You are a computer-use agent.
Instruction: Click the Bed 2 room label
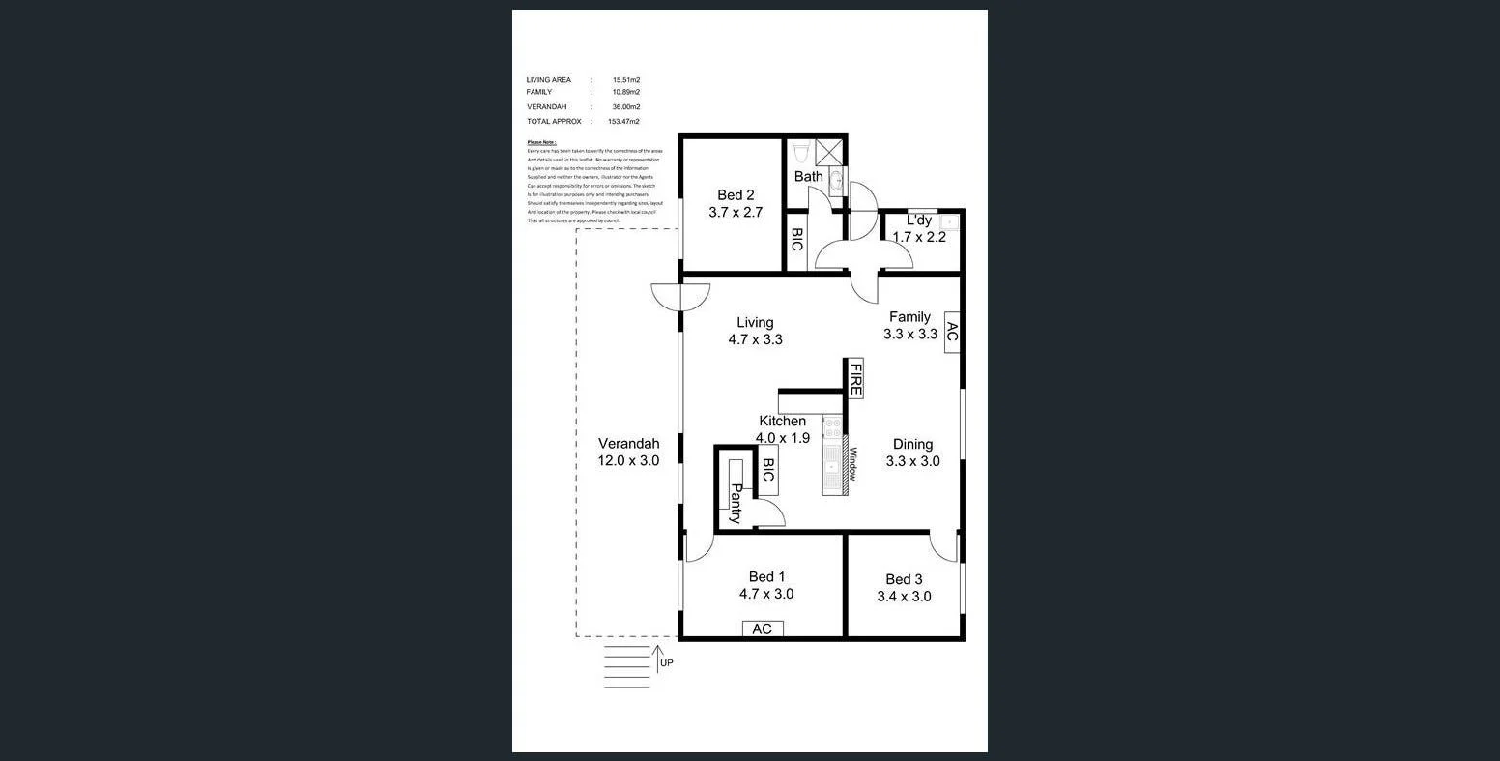click(736, 195)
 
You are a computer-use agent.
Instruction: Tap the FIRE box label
click(855, 378)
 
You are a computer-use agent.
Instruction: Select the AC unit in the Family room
click(951, 334)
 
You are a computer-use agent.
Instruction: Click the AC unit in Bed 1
click(762, 629)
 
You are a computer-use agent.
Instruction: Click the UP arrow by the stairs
click(657, 658)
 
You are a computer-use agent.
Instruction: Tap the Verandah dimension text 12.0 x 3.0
click(628, 461)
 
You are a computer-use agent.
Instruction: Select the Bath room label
click(809, 177)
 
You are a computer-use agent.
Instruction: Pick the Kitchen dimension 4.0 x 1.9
click(783, 437)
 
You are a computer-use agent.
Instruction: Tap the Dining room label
click(912, 445)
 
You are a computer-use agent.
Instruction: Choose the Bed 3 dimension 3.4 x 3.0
click(904, 597)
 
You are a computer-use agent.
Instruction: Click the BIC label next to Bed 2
click(797, 240)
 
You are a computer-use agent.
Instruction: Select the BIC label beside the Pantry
click(768, 471)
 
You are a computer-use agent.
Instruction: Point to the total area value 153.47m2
click(623, 122)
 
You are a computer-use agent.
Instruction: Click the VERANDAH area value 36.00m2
click(625, 107)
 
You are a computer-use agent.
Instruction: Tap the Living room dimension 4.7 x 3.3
click(755, 339)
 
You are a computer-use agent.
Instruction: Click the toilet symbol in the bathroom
click(800, 152)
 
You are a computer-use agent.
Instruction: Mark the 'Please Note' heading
click(541, 142)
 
